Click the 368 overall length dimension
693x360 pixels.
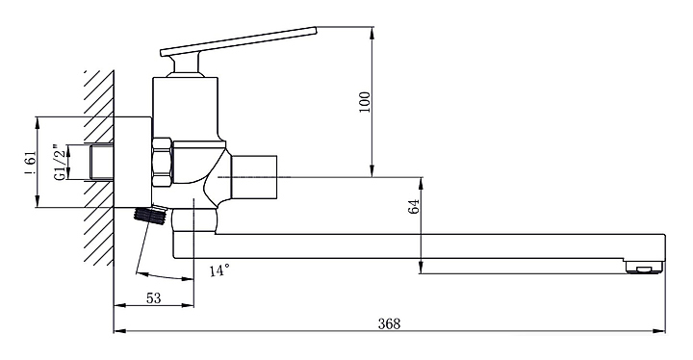coord(390,323)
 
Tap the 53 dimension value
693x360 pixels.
coord(153,298)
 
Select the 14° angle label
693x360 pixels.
coord(219,270)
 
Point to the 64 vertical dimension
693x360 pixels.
coord(414,207)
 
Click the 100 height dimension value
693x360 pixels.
coord(365,102)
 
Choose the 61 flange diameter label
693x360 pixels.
coord(31,164)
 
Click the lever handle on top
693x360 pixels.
coord(239,41)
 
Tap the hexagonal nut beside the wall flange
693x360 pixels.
coord(162,163)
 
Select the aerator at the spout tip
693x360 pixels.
coord(645,268)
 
